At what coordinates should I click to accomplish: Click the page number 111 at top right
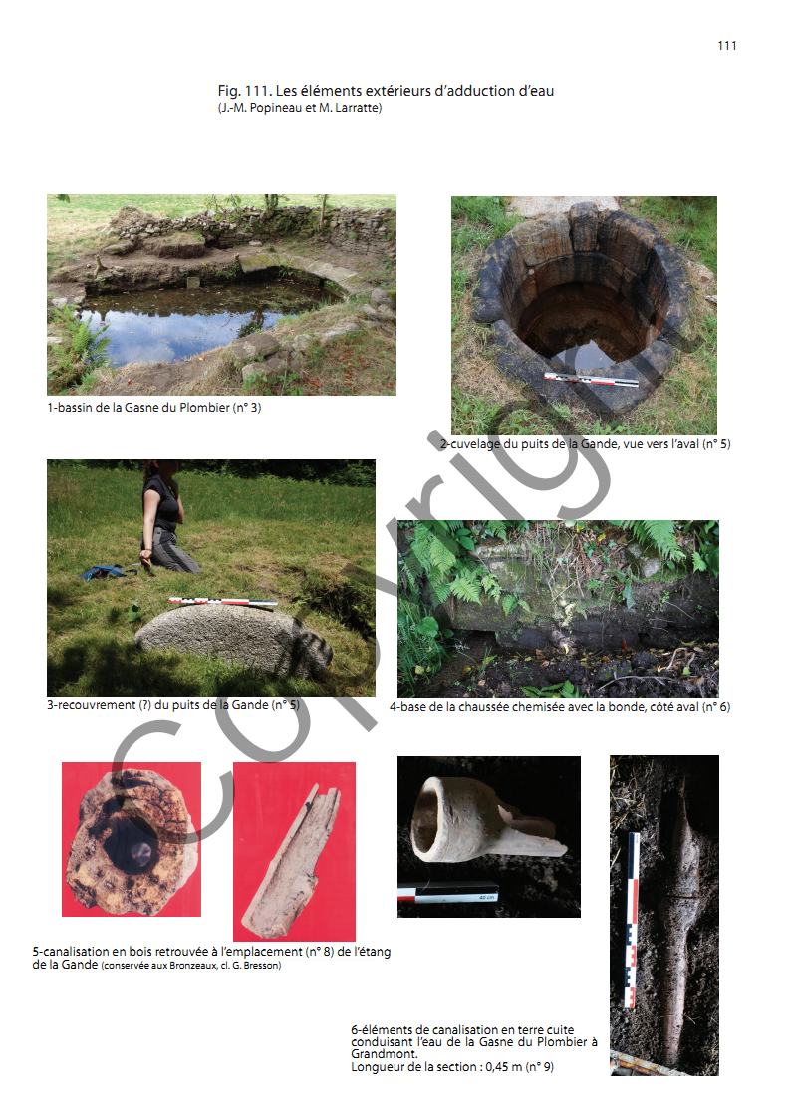click(727, 46)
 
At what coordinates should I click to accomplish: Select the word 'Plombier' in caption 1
click(204, 408)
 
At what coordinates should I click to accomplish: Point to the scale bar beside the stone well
click(592, 379)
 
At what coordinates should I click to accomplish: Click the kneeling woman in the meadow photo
click(165, 517)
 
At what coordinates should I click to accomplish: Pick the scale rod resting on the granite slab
click(222, 603)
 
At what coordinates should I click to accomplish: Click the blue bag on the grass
click(105, 572)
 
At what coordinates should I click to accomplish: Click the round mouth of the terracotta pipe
click(430, 814)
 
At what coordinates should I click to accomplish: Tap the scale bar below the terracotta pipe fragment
click(448, 895)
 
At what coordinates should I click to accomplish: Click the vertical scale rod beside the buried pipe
click(632, 920)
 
